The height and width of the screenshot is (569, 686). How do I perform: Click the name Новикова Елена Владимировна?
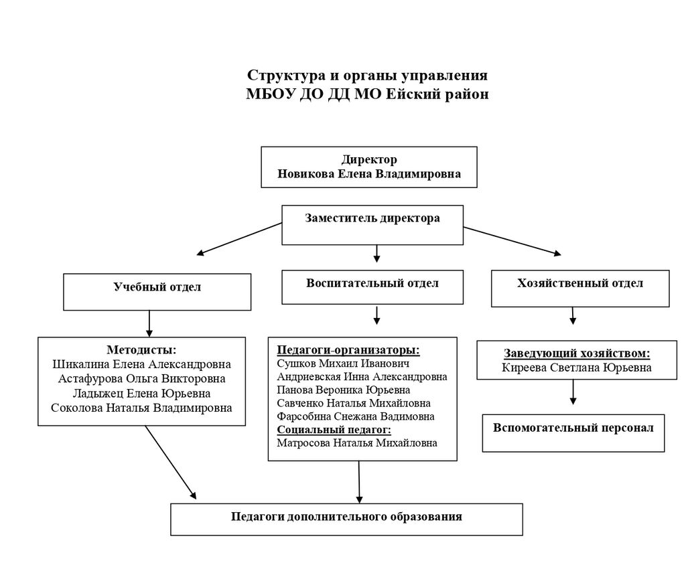click(369, 174)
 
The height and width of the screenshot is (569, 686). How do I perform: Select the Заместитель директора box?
click(372, 225)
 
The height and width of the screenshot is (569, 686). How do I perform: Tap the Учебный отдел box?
click(157, 292)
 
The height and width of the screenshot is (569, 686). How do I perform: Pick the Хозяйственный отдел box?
click(580, 289)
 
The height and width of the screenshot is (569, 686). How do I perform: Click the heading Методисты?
click(142, 349)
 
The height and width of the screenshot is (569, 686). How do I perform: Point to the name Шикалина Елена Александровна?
click(142, 364)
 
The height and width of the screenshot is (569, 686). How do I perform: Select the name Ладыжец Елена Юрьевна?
click(142, 393)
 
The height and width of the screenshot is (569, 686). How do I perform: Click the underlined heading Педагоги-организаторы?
click(348, 350)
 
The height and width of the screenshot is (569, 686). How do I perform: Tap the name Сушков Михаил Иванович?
click(333, 363)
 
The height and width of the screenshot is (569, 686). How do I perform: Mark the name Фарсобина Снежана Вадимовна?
click(355, 416)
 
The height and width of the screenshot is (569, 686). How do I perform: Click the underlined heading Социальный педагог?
click(334, 430)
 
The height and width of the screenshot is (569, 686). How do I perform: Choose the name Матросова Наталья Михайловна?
click(356, 443)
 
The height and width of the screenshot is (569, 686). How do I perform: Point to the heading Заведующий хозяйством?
click(577, 353)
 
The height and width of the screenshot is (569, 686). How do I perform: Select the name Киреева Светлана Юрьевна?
click(577, 368)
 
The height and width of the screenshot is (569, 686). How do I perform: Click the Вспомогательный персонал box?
click(573, 432)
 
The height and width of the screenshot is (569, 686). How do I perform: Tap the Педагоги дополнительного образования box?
click(346, 519)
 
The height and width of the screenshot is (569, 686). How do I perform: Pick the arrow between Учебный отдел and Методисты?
click(149, 323)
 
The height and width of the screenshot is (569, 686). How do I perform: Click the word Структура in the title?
click(283, 74)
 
